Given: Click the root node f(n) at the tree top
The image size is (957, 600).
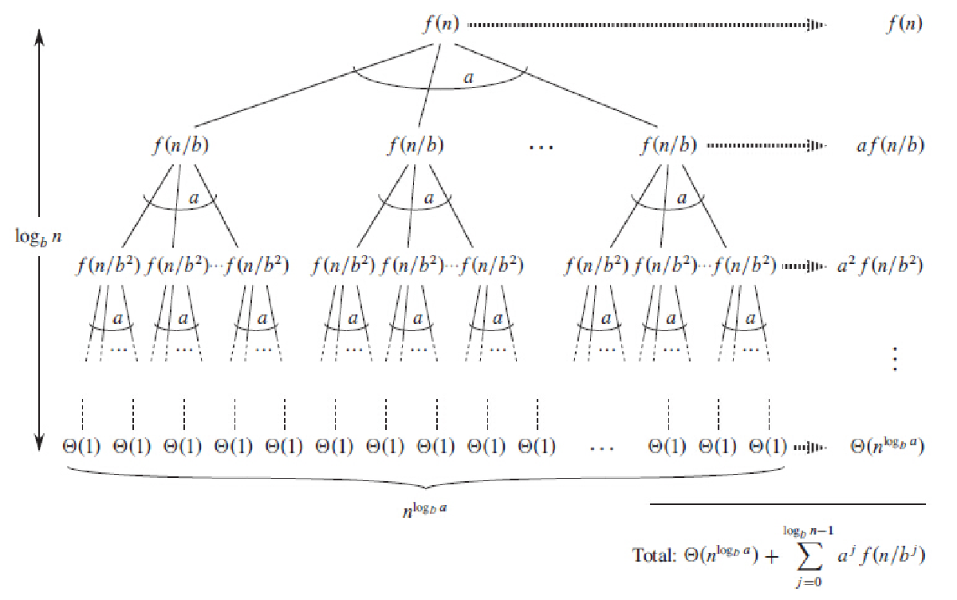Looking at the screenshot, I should click(x=441, y=24).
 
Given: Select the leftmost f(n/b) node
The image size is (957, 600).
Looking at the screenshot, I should click(x=181, y=146).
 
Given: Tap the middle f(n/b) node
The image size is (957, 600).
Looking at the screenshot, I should click(x=416, y=146).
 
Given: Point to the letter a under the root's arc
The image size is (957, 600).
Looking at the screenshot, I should click(x=469, y=77).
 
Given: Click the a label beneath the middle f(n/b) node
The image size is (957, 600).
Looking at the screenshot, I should click(x=429, y=198).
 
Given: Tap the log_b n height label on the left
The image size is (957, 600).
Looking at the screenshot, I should click(x=37, y=237).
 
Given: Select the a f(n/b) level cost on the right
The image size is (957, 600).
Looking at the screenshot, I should click(x=885, y=146).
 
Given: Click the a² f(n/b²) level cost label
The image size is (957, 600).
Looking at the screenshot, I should click(x=880, y=265).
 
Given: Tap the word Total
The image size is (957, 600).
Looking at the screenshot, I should click(x=653, y=554).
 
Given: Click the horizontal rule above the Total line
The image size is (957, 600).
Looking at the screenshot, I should click(x=788, y=504).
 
